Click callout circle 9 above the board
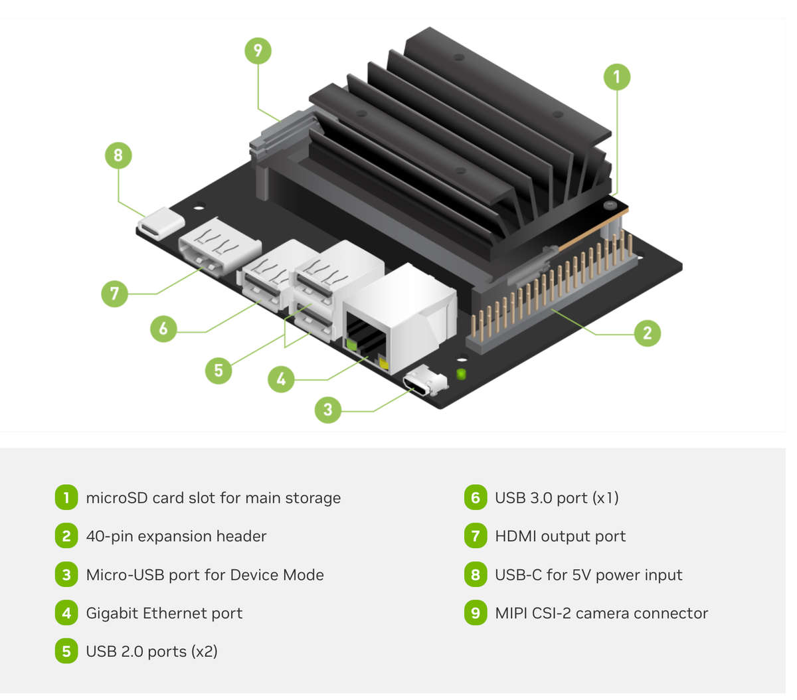(x=258, y=50)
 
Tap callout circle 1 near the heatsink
(x=616, y=77)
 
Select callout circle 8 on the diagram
(x=118, y=155)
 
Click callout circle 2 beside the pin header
(x=647, y=333)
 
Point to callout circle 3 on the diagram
(x=327, y=410)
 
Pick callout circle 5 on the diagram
(x=219, y=370)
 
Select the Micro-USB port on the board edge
(x=424, y=383)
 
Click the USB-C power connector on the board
(x=161, y=222)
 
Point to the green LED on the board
(x=461, y=374)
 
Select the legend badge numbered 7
(x=475, y=536)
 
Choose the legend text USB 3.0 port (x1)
(x=557, y=497)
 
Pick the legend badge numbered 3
(x=66, y=574)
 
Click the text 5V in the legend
(x=581, y=574)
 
